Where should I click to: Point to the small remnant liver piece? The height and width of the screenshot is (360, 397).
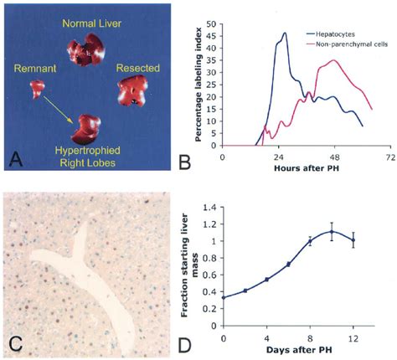pyautogui.click(x=36, y=87)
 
